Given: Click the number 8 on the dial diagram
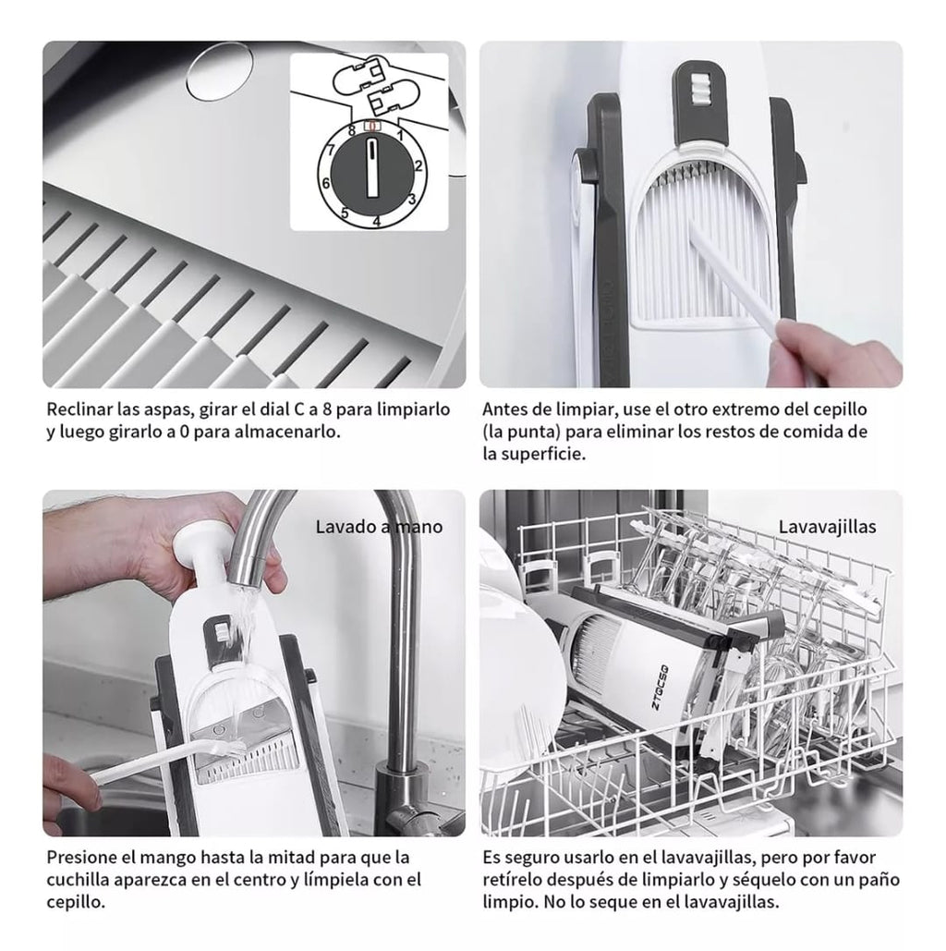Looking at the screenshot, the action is pos(352,129).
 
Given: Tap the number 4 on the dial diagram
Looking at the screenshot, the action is pos(377,222).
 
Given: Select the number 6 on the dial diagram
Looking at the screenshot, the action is pos(325,183).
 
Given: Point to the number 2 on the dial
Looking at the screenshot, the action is pos(418,165).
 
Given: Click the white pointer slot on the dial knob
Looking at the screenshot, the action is pos(372,167).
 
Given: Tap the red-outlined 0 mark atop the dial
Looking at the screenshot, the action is pos(371,126).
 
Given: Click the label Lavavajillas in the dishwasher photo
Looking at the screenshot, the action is pos(827,527).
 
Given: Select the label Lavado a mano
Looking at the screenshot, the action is pos(379,527).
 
